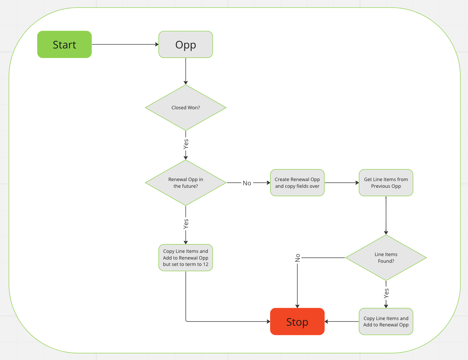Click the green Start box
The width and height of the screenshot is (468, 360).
(x=64, y=45)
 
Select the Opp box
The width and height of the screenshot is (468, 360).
(x=186, y=45)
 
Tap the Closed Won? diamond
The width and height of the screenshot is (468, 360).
(x=186, y=108)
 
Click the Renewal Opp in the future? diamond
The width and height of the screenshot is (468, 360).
(x=186, y=183)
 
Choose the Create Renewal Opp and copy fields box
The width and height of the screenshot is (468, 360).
(x=297, y=183)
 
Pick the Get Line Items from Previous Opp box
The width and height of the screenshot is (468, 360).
(x=386, y=183)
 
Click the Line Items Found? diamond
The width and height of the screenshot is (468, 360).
(x=386, y=258)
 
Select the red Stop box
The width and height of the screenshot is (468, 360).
(x=297, y=321)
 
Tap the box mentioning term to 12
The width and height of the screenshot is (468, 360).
(x=186, y=258)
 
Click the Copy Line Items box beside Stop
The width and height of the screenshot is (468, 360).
(x=386, y=321)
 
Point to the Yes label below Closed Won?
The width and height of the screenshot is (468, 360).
(x=186, y=144)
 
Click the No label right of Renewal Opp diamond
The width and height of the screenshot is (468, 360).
(x=247, y=183)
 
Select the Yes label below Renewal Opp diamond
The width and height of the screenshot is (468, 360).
(x=186, y=223)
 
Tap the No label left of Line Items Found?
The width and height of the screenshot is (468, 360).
(x=298, y=258)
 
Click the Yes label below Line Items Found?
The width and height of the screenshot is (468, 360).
(x=386, y=293)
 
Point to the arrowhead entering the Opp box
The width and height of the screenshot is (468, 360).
(x=157, y=45)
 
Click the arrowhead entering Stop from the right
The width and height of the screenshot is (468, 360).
(x=327, y=321)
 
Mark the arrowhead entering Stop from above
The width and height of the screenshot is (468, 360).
(x=298, y=306)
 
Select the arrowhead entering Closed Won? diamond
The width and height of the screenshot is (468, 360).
(x=186, y=82)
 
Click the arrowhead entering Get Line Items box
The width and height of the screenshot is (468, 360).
(x=357, y=183)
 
